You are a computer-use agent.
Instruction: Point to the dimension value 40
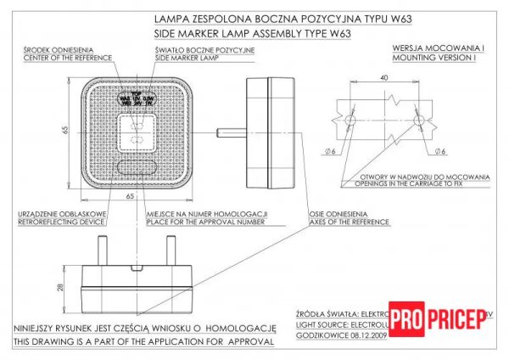pyautogui.click(x=384, y=78)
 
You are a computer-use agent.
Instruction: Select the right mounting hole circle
pyautogui.click(x=419, y=121)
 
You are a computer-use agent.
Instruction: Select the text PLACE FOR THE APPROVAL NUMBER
pyautogui.click(x=205, y=222)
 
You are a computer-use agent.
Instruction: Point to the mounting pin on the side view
pyautogui.click(x=230, y=132)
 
